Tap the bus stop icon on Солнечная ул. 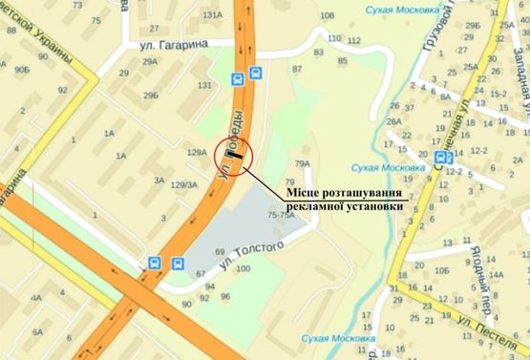(x=441, y=157)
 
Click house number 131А (x=212, y=14)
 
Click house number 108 (x=328, y=15)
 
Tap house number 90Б (x=22, y=70)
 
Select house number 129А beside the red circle (x=197, y=152)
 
